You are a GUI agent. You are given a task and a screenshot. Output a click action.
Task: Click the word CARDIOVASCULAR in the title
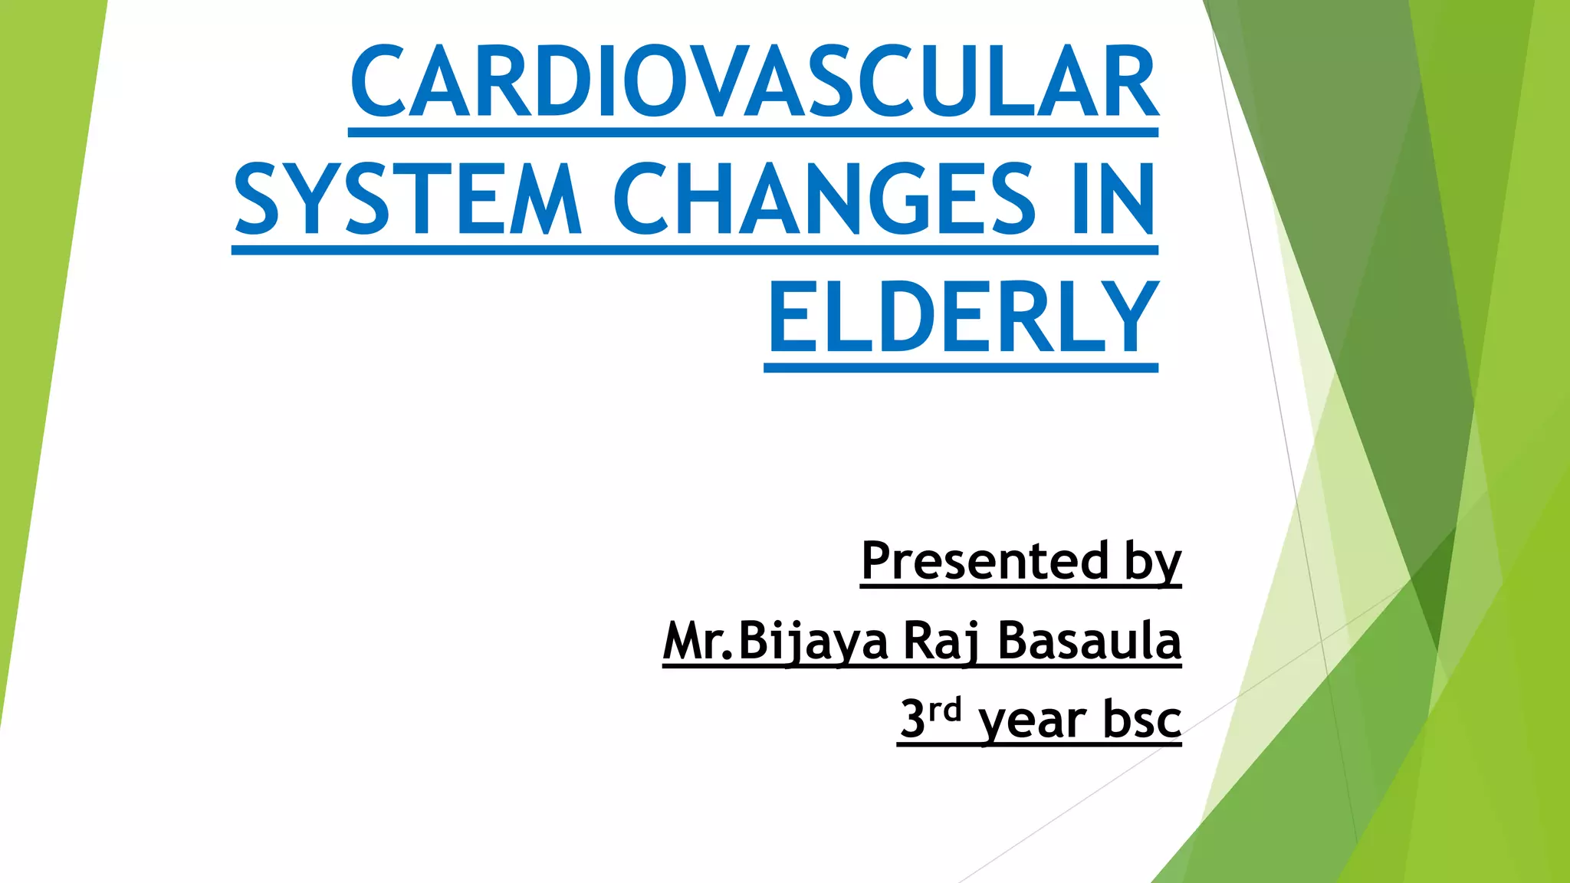point(754,83)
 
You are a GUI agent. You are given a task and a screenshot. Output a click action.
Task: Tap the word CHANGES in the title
point(824,199)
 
